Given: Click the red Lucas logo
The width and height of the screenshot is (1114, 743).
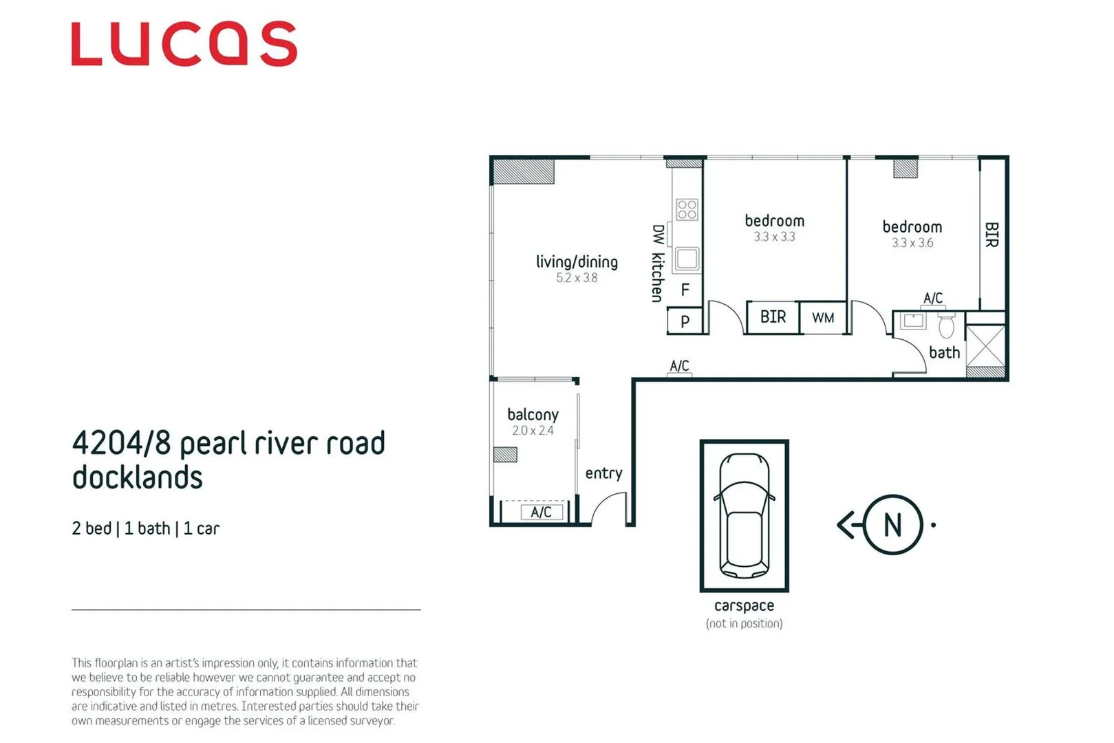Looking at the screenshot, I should [x=184, y=44].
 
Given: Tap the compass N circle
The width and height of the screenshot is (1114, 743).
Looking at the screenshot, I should [x=892, y=525].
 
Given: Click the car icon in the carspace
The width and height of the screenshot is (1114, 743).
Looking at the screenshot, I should [x=744, y=515].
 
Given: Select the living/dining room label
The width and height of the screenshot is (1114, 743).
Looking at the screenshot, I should [x=577, y=262].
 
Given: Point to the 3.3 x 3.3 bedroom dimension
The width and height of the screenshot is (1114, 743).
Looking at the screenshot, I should [x=774, y=237].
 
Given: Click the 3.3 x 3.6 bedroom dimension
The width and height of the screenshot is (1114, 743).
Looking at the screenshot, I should [x=912, y=243].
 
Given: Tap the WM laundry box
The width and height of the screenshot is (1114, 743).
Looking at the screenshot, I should [x=823, y=318].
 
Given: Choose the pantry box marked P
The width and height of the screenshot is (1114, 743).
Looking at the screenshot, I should [x=685, y=321].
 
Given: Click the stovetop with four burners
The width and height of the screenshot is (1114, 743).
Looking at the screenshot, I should [x=687, y=209].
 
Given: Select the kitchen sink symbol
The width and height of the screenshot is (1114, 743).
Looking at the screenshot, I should [x=687, y=259].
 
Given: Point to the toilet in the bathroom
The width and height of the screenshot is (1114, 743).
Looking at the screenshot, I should [x=947, y=325].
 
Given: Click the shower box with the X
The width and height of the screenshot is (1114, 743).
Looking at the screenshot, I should [x=985, y=346].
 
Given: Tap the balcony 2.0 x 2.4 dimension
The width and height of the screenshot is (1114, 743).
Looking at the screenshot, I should [x=533, y=431].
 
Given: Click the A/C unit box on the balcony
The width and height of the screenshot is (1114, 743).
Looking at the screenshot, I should [x=541, y=512].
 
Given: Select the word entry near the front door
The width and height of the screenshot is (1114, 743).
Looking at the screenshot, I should [x=603, y=473].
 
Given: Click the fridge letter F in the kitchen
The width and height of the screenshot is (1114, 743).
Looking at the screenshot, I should [x=685, y=290].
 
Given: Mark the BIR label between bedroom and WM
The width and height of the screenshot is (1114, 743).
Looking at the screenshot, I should [x=773, y=317].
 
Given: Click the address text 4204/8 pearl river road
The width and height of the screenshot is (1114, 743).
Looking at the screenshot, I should [x=228, y=444].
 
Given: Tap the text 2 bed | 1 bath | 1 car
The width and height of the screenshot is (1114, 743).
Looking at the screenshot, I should [x=145, y=528].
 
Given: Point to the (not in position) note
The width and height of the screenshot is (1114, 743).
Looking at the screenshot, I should [x=744, y=623].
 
